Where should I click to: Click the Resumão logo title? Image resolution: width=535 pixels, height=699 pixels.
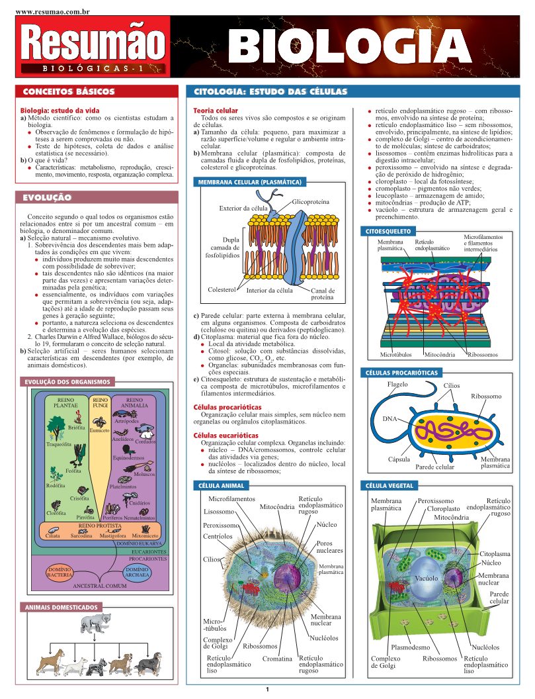[92, 43]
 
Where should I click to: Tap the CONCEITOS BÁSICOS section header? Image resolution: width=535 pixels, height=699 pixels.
[69, 92]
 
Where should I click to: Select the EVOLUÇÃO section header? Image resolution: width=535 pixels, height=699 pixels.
[47, 197]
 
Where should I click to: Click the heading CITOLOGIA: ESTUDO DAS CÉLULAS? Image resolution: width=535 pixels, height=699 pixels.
[270, 92]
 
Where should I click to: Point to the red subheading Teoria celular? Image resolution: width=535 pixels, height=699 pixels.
[215, 110]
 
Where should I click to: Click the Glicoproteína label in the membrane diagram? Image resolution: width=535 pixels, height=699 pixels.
[310, 201]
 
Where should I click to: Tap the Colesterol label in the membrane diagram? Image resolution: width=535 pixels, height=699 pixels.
[222, 290]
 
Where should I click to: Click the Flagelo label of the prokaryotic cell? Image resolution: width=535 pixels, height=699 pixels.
[397, 384]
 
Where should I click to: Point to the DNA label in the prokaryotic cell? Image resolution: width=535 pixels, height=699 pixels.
[390, 419]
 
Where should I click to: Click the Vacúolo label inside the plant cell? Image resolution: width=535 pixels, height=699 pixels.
[427, 579]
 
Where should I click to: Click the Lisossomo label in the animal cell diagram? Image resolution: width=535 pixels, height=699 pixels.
[219, 512]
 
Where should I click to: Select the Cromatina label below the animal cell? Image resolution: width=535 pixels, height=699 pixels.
[277, 659]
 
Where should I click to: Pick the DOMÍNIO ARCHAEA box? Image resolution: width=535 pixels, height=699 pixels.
[137, 573]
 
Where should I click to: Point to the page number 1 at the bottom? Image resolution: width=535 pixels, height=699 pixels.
[267, 690]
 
